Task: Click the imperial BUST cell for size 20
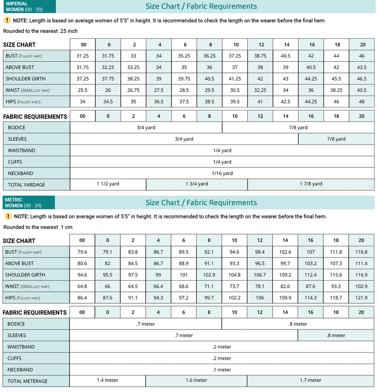(361, 56)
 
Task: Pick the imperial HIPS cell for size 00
(83, 101)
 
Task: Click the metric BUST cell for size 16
(310, 252)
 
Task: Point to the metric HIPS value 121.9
(361, 298)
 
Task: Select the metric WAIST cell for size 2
(133, 286)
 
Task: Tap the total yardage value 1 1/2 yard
(108, 184)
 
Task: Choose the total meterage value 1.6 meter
(196, 380)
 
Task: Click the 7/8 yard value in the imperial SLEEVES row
(336, 139)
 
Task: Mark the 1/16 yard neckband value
(222, 173)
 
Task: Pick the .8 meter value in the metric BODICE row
(298, 324)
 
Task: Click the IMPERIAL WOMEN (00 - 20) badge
(28, 7)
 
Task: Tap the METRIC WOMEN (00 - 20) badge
(28, 203)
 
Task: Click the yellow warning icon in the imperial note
(7, 20)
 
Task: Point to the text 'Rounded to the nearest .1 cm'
(37, 227)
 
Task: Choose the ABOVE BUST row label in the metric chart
(19, 264)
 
